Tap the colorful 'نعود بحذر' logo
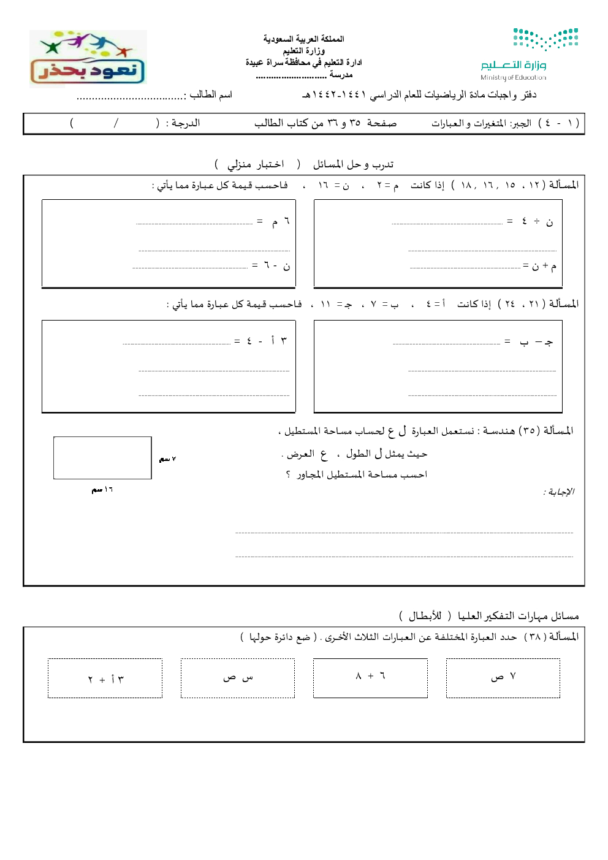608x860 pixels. point(88,58)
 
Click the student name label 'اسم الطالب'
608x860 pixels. point(211,94)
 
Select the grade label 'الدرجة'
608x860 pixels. point(185,123)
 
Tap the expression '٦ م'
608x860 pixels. point(279,221)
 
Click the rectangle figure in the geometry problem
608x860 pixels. point(102,458)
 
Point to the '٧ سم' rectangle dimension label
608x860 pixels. point(167,459)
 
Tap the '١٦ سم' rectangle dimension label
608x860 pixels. point(102,490)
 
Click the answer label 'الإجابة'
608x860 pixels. point(558,492)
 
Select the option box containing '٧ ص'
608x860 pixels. point(503,678)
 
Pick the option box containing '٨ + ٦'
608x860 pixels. point(370,678)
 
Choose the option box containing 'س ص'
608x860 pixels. point(238,678)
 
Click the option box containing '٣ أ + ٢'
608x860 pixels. point(105,679)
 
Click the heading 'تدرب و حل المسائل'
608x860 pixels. point(353,164)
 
